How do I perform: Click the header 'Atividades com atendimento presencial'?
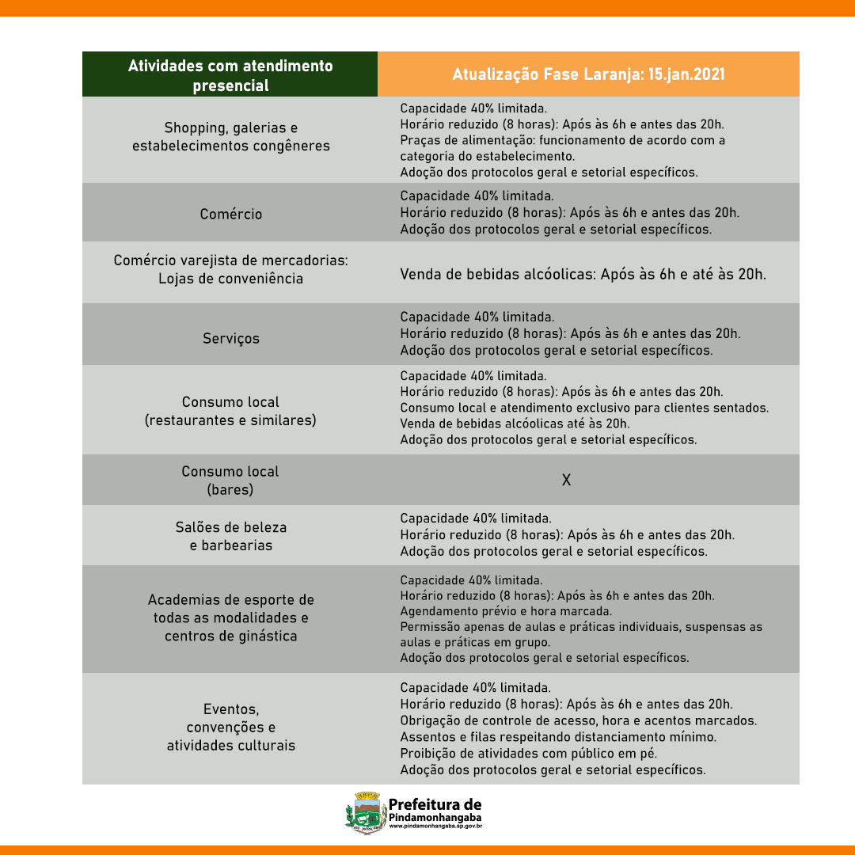230,75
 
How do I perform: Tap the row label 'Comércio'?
230,214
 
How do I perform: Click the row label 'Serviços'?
230,338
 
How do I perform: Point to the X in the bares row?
566,480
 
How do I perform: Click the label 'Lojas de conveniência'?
230,279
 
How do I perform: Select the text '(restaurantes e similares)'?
230,420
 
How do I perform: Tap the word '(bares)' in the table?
230,490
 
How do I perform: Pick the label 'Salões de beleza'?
230,527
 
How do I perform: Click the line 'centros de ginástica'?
230,636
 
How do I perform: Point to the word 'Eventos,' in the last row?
230,709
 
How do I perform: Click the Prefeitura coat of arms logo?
365,812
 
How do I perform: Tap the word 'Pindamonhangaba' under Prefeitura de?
435,817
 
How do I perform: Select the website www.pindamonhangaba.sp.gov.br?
435,826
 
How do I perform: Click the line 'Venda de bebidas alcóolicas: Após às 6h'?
583,275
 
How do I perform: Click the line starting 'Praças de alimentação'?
562,140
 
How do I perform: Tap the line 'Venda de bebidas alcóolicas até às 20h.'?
515,424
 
